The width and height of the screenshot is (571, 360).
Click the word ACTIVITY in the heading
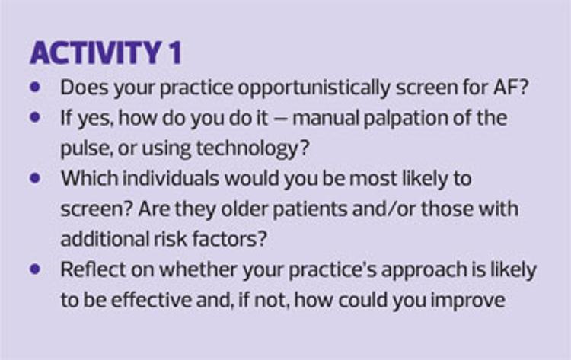click(x=96, y=53)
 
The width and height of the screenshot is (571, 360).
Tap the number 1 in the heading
click(x=175, y=53)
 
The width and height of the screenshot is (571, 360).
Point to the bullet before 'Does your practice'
click(x=35, y=87)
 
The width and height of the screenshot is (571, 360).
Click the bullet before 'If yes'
click(x=35, y=117)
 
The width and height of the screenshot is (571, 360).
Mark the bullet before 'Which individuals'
click(x=35, y=178)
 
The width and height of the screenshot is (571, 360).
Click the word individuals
click(x=171, y=178)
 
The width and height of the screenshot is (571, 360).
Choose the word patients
click(x=310, y=210)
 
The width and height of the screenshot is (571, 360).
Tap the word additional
click(x=104, y=239)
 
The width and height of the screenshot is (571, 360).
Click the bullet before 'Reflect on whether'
click(x=35, y=269)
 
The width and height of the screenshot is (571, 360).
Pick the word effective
click(x=152, y=300)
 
